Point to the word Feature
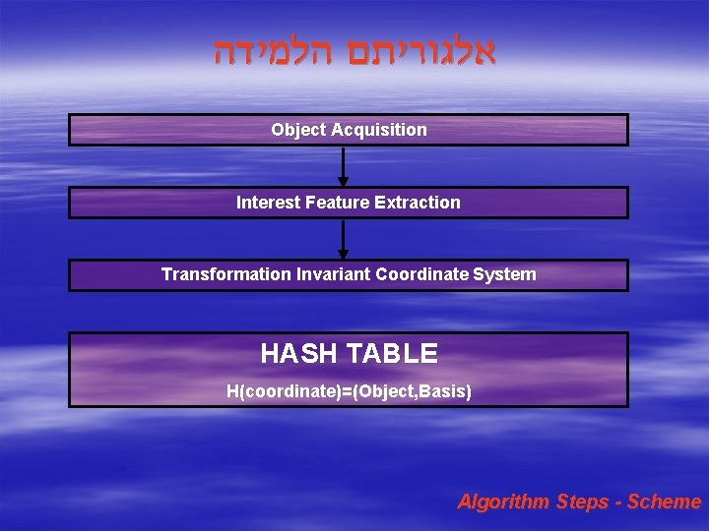(338, 203)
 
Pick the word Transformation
(226, 274)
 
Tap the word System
(504, 274)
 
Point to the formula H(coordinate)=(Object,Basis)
(349, 392)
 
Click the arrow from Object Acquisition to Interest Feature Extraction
(343, 166)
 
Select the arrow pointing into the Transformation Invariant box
(343, 239)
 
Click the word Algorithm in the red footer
(503, 502)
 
